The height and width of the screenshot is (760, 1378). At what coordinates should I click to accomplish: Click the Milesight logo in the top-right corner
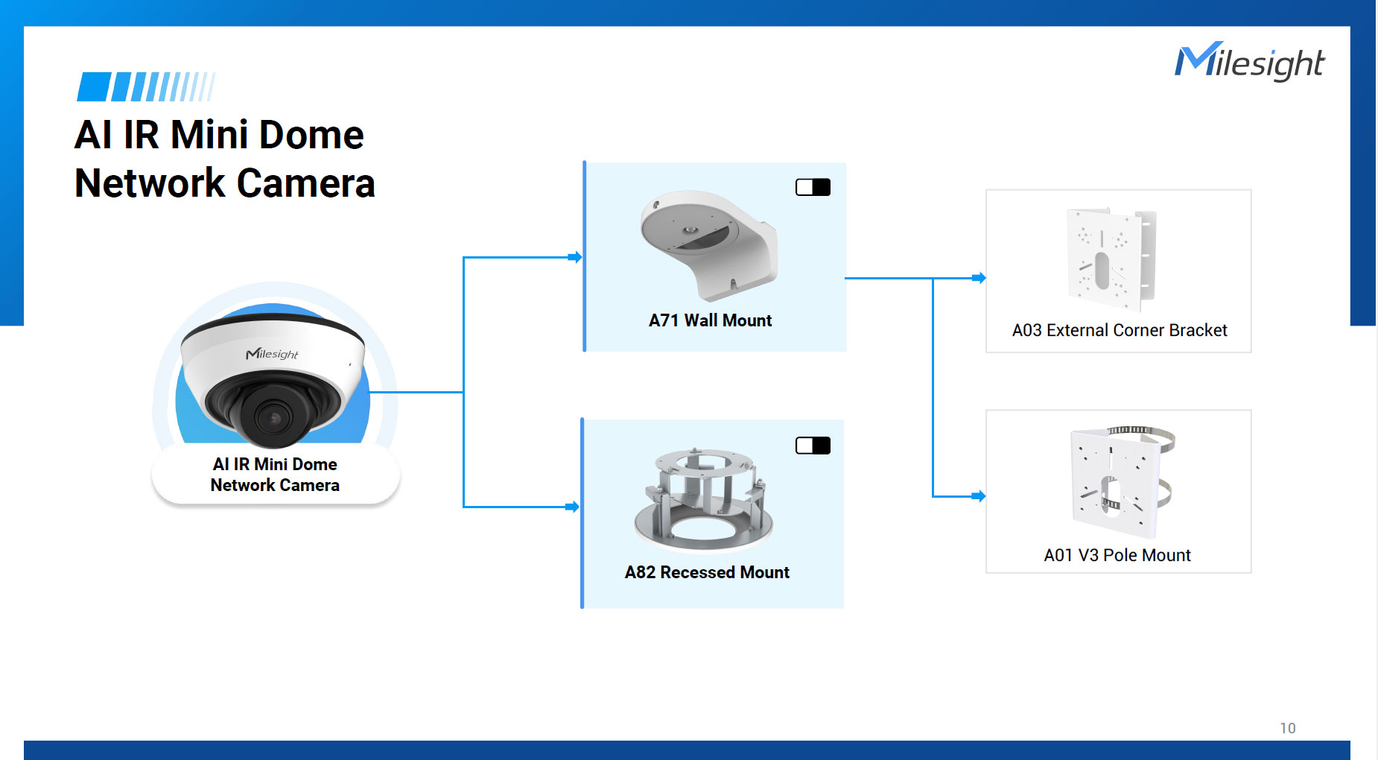click(1250, 62)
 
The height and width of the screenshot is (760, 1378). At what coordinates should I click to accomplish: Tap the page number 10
click(1287, 728)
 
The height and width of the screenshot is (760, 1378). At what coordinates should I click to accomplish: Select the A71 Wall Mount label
click(710, 320)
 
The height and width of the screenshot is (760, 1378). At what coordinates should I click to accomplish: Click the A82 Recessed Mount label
click(707, 572)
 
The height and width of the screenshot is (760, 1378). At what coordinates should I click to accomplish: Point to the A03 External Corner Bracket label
click(1119, 330)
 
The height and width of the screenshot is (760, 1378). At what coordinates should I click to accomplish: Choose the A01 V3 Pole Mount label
click(1117, 555)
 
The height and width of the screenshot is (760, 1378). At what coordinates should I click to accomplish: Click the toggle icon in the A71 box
click(813, 187)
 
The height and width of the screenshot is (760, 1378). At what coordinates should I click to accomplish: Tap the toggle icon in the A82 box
click(813, 446)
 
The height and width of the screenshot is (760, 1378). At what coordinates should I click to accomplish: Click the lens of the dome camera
click(273, 418)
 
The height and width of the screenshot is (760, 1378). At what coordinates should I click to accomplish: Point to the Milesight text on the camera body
click(272, 353)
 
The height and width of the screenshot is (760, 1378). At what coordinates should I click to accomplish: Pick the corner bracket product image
click(1110, 259)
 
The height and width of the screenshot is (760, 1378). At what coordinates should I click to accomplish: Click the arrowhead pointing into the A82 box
click(573, 507)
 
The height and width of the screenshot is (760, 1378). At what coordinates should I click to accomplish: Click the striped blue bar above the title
click(146, 86)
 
